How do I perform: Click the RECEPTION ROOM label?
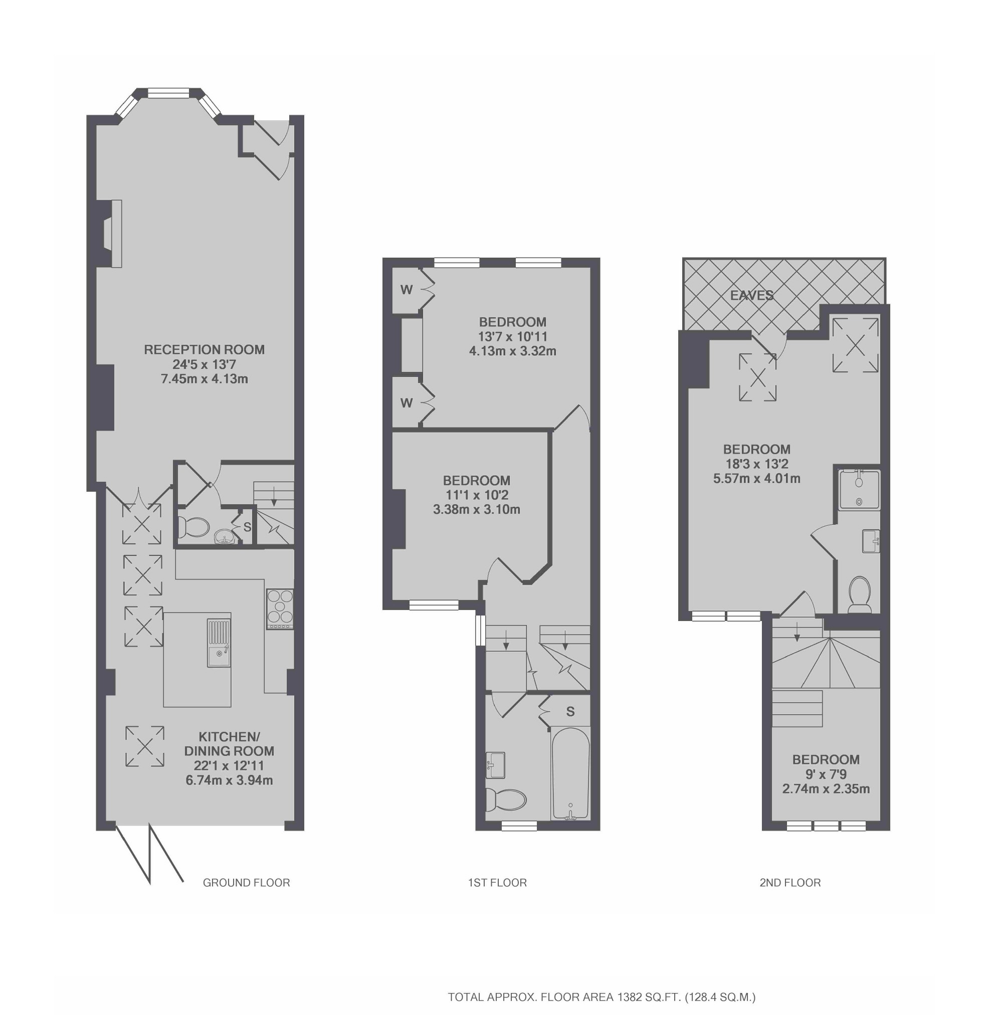[204, 349]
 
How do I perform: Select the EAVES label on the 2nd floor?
[751, 296]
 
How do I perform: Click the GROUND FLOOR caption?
[246, 883]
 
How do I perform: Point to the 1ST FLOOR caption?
[497, 883]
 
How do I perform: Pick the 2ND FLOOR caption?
[789, 883]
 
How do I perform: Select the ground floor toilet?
[192, 528]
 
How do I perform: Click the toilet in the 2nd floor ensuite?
[859, 595]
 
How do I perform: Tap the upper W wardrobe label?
[406, 290]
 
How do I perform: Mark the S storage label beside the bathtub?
[570, 712]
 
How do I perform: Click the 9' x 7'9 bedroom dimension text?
[826, 774]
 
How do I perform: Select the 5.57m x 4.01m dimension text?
[756, 478]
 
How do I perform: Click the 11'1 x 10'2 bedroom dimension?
[476, 495]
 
